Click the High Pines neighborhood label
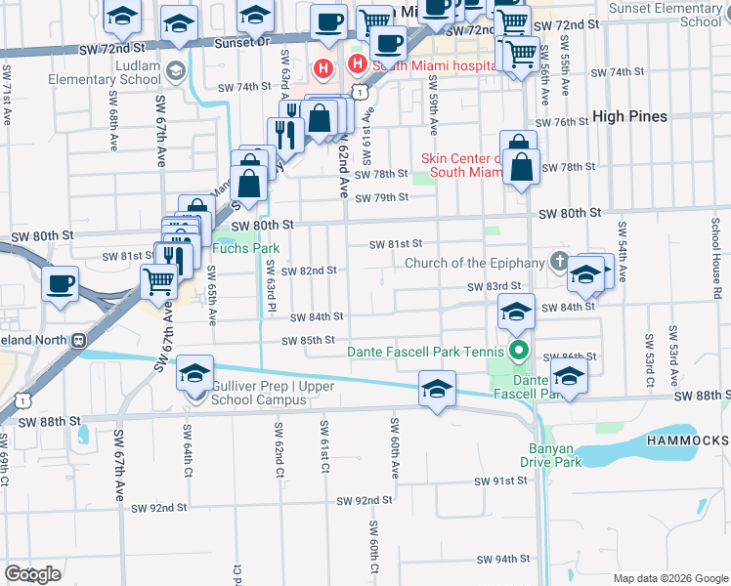coord(629,116)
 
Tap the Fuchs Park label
coord(246,248)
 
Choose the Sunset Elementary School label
coord(665,14)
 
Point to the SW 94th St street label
coord(502,560)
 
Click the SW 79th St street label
coord(381,198)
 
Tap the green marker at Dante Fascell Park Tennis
coord(518,351)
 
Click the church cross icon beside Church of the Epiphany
coord(558,262)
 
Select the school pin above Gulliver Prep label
coord(194,374)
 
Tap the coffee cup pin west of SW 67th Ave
coord(61,285)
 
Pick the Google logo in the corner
coord(32,573)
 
